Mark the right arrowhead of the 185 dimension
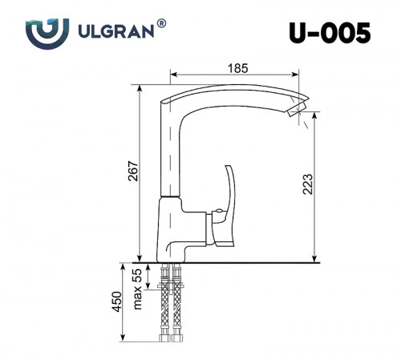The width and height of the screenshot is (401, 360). tap(299, 73)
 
